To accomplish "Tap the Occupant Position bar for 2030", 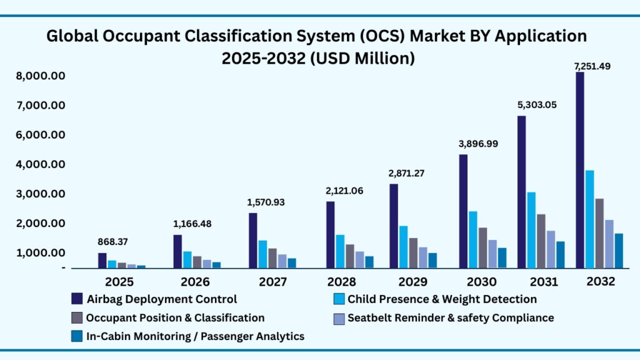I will [x=483, y=247].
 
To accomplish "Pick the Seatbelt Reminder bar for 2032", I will [x=609, y=244].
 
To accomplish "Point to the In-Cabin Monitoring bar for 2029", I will [x=432, y=260].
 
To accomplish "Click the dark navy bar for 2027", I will [x=252, y=241].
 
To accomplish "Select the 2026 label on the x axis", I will [x=195, y=282].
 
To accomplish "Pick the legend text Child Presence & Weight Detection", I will [x=442, y=299].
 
